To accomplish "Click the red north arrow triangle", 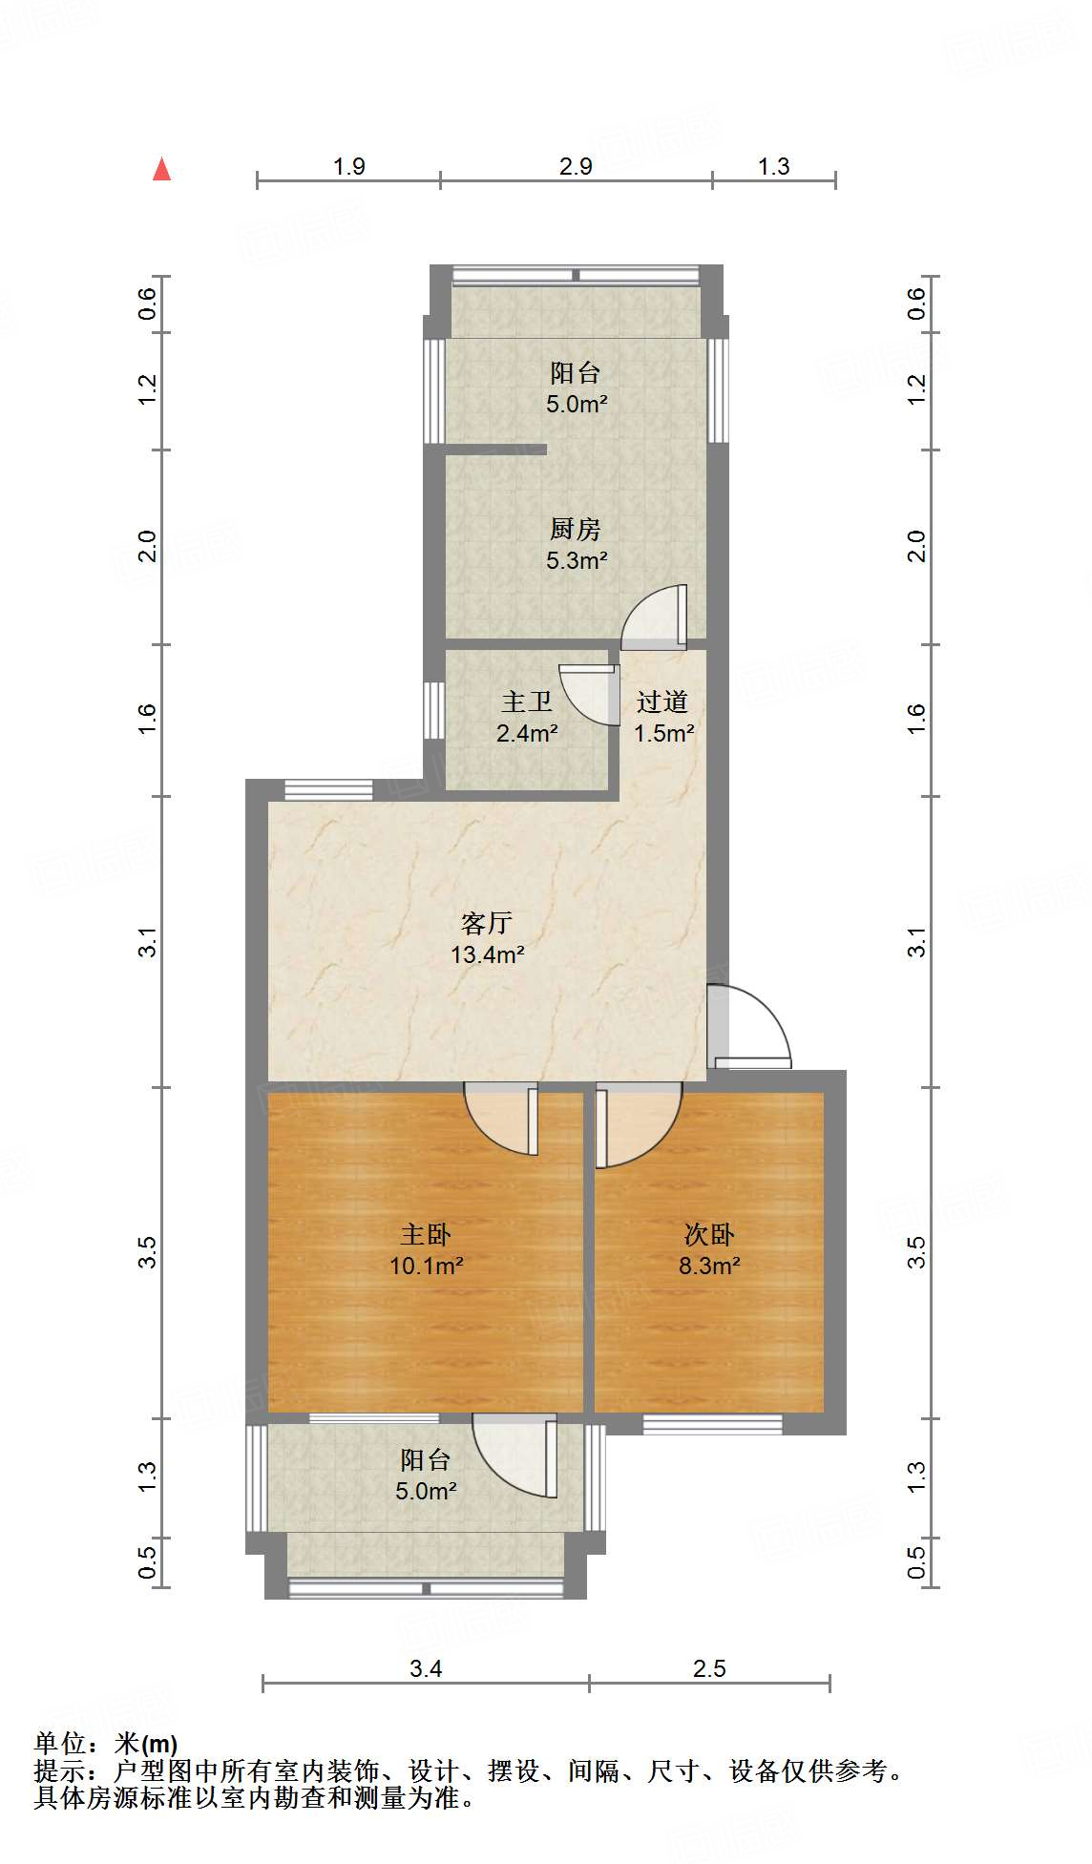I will point(162,170).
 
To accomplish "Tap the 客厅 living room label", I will point(487,923).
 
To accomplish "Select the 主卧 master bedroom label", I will point(426,1235).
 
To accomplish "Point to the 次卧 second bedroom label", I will point(709,1235).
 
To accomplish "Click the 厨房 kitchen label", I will point(576,529).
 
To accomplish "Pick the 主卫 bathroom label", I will point(527,702).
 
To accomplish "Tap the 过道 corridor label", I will point(662,702).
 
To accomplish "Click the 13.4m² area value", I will point(487,954).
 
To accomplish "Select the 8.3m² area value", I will point(709,1267).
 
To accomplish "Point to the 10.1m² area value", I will point(426,1267).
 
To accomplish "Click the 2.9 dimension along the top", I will point(576,166).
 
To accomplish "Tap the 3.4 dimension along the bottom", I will point(426,1668).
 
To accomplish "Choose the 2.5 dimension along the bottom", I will point(709,1668).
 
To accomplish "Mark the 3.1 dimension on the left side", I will point(147,943).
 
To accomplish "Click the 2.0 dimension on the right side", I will point(916,546).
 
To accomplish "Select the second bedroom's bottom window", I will point(712,1424).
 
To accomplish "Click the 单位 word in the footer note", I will point(61,1744).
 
